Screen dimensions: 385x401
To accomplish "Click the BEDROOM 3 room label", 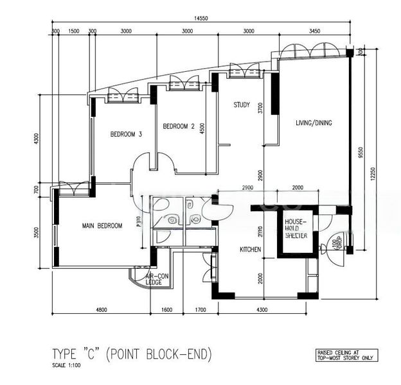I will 125,134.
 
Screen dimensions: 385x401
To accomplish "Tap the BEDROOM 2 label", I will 178,126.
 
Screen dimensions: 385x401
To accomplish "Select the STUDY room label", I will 241,105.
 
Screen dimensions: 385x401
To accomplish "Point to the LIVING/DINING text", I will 314,123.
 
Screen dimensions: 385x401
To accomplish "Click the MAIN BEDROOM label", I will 102,226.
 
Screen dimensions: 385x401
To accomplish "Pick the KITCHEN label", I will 250,249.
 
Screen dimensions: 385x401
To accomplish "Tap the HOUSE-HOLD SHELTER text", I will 296,228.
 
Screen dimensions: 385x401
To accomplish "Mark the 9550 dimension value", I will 361,152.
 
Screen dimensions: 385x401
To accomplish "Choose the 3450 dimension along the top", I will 315,31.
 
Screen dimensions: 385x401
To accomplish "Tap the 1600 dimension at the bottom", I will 166,310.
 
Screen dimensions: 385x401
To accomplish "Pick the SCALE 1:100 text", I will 66,366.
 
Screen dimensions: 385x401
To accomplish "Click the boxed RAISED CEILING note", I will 343,354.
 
